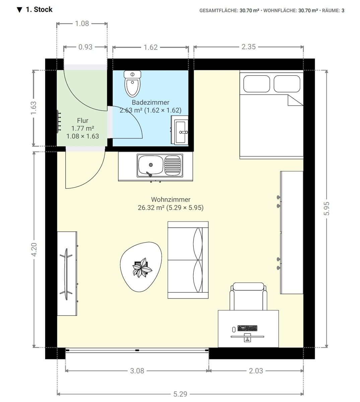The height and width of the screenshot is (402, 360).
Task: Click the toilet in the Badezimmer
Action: point(132,84)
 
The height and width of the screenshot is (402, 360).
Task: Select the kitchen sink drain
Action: point(151,165)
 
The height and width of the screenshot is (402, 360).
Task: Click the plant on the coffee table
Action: point(142,268)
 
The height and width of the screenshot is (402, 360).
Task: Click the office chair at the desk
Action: point(248,296)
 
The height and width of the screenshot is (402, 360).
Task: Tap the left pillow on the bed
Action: point(257,84)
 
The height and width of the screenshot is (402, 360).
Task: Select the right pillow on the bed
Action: point(287,84)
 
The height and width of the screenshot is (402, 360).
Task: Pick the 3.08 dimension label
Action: point(137,371)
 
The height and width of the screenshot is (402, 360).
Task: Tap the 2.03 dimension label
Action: point(256,371)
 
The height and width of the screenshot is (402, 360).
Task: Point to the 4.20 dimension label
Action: point(34,250)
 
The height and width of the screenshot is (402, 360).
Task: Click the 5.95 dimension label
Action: point(327,209)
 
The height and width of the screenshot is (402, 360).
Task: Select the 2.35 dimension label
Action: point(248,47)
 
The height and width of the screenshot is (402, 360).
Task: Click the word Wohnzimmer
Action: point(170,199)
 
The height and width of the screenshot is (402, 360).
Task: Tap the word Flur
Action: point(82,121)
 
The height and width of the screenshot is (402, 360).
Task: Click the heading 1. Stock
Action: point(39,9)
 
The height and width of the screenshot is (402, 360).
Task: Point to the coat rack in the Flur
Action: point(59,121)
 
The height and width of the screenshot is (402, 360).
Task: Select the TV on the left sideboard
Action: point(66,274)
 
